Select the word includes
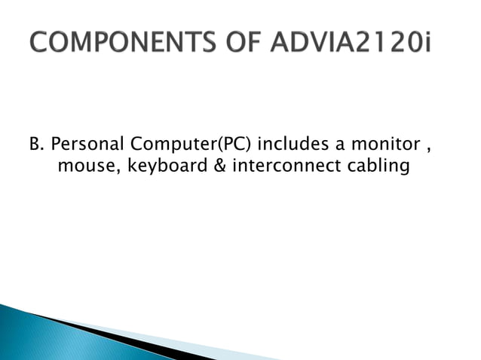tap(290, 143)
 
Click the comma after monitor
tap(430, 147)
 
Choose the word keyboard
tap(160, 166)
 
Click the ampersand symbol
tap(219, 166)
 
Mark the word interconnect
tap(290, 166)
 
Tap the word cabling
tap(381, 166)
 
